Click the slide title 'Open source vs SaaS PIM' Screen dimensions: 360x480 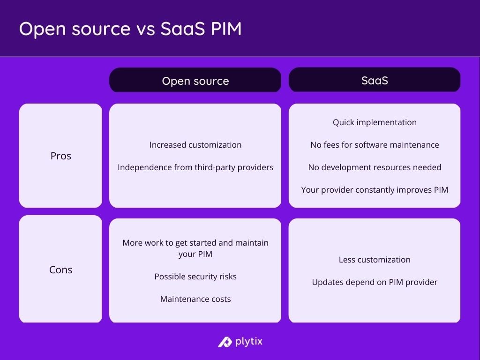pyautogui.click(x=130, y=29)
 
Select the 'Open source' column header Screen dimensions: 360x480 pyautogui.click(x=195, y=81)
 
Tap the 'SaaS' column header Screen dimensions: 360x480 pyautogui.click(x=375, y=80)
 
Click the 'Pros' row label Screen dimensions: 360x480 pyautogui.click(x=60, y=156)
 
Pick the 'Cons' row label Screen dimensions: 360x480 pyautogui.click(x=60, y=270)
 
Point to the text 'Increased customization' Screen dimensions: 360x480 pyautogui.click(x=195, y=145)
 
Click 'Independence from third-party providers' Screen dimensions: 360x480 pyautogui.click(x=195, y=167)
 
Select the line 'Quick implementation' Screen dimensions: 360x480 pyautogui.click(x=375, y=122)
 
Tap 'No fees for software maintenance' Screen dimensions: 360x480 pyautogui.click(x=375, y=145)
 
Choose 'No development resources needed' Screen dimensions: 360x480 pyautogui.click(x=375, y=167)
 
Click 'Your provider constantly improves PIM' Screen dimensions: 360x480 pyautogui.click(x=375, y=190)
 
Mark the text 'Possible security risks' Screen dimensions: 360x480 pyautogui.click(x=195, y=277)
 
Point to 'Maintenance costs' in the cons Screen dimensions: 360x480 pyautogui.click(x=195, y=299)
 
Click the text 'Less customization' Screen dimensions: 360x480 pyautogui.click(x=375, y=260)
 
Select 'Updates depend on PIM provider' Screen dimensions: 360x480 pyautogui.click(x=375, y=282)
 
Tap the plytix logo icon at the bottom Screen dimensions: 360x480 pyautogui.click(x=225, y=342)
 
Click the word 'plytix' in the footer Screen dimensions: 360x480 pyautogui.click(x=248, y=341)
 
